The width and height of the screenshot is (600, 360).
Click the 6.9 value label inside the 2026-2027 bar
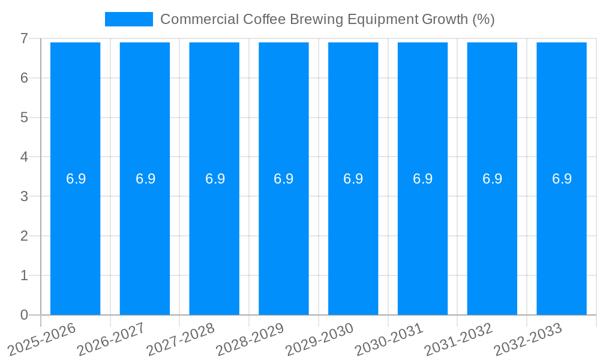[x=145, y=179]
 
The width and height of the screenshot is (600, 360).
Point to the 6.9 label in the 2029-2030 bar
[x=353, y=179]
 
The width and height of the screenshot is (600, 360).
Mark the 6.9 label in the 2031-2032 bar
[x=492, y=179]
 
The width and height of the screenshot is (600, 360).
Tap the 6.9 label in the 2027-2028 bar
[x=215, y=179]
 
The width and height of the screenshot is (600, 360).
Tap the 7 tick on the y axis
[x=24, y=38]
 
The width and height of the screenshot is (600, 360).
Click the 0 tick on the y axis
[x=24, y=315]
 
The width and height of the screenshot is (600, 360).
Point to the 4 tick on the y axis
[x=24, y=157]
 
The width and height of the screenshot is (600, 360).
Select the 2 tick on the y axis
[x=24, y=236]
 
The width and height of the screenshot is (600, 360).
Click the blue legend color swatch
[x=129, y=19]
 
